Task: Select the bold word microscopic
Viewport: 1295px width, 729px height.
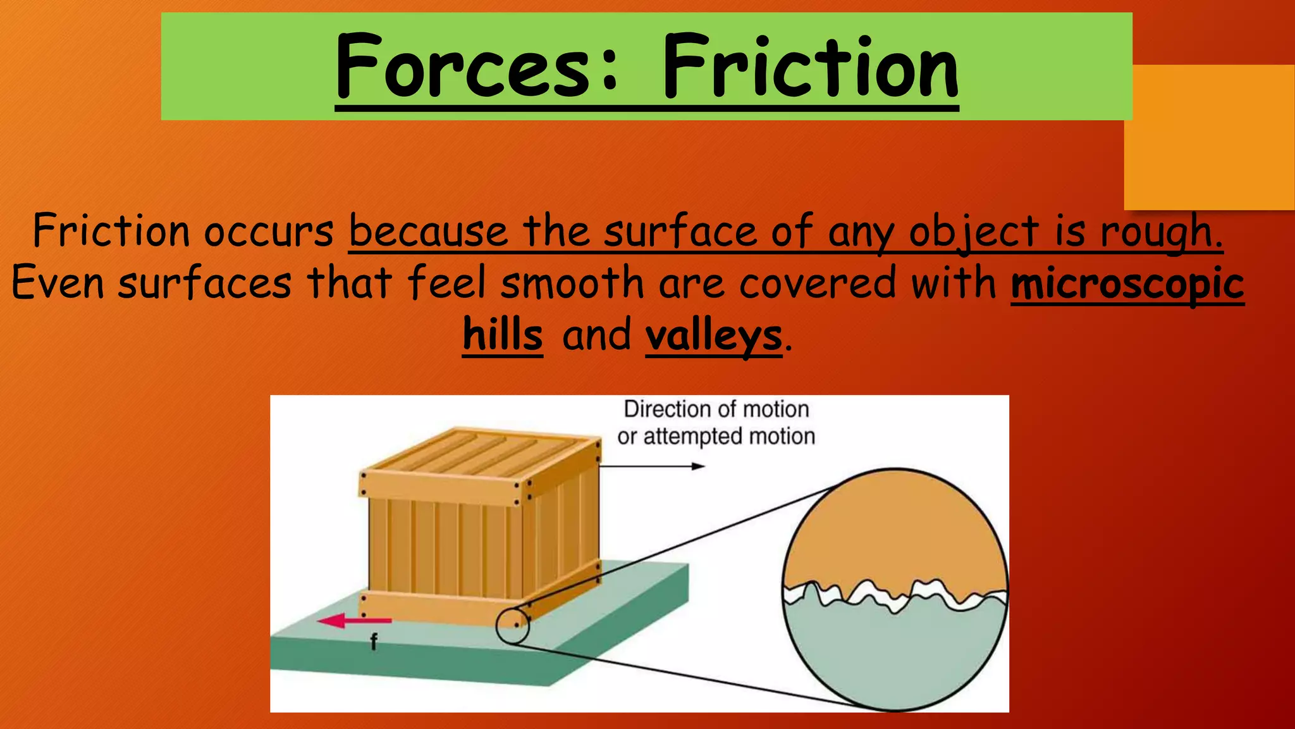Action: point(1127,283)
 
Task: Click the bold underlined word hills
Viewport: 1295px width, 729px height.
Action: point(503,335)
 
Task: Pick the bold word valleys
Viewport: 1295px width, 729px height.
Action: point(713,336)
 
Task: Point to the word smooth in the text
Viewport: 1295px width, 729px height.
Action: point(572,283)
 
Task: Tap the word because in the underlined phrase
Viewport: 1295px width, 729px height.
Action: point(428,232)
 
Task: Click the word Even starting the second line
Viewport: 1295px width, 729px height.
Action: point(58,283)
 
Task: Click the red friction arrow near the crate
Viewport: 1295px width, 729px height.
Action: point(354,621)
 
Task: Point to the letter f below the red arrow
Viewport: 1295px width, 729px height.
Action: point(374,642)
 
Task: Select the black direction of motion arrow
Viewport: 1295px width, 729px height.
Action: point(651,466)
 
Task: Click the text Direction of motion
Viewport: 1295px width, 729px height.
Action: point(716,409)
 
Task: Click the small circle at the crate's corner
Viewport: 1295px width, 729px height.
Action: point(512,626)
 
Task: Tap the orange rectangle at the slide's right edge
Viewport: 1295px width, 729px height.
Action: point(1209,137)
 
